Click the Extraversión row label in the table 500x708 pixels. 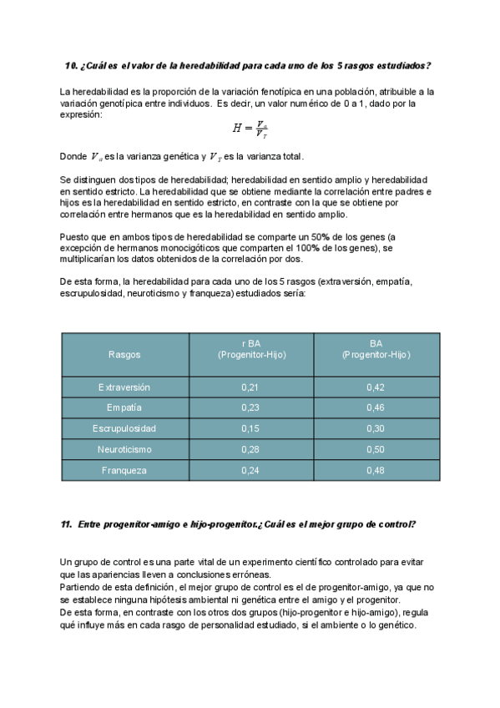124,387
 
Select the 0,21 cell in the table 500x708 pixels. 250,387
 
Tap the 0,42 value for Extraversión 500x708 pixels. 376,387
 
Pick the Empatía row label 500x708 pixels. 124,407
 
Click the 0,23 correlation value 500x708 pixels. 250,407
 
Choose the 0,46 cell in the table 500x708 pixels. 376,407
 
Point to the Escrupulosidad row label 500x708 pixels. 124,428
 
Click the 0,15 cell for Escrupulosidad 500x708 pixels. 250,428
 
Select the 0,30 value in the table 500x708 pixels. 376,428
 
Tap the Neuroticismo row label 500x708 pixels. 124,449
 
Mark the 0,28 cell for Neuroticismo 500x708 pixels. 250,449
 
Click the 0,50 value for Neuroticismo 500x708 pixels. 376,449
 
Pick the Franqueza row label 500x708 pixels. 124,470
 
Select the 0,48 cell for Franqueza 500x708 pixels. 376,470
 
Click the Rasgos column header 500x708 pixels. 124,355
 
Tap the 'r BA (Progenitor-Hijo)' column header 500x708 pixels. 250,349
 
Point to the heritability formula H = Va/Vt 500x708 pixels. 250,129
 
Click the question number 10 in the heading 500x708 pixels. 71,66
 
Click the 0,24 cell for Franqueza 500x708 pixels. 250,470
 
